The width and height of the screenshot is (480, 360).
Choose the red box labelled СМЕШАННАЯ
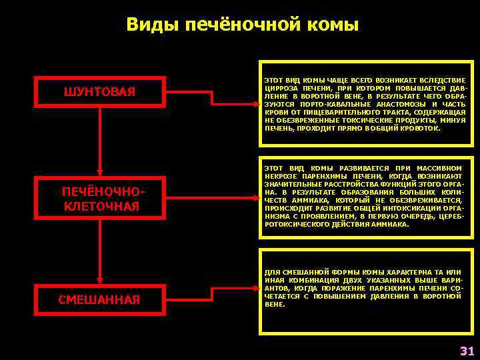pos(99,299)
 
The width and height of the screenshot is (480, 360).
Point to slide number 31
pos(467,351)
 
